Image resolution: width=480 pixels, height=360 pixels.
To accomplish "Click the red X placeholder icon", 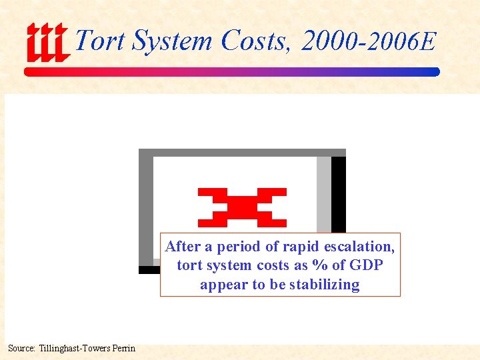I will coord(242,207).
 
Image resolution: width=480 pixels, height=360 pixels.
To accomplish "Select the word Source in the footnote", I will coord(21,348).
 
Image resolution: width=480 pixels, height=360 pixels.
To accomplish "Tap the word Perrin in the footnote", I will coord(123,348).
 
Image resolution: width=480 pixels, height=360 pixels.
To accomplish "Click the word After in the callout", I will coord(183,247).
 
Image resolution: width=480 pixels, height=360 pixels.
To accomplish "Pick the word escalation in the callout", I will coord(359,247).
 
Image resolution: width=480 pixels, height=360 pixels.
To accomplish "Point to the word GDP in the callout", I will coord(366,265).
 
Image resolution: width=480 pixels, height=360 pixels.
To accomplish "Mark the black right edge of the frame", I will coord(339,193).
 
